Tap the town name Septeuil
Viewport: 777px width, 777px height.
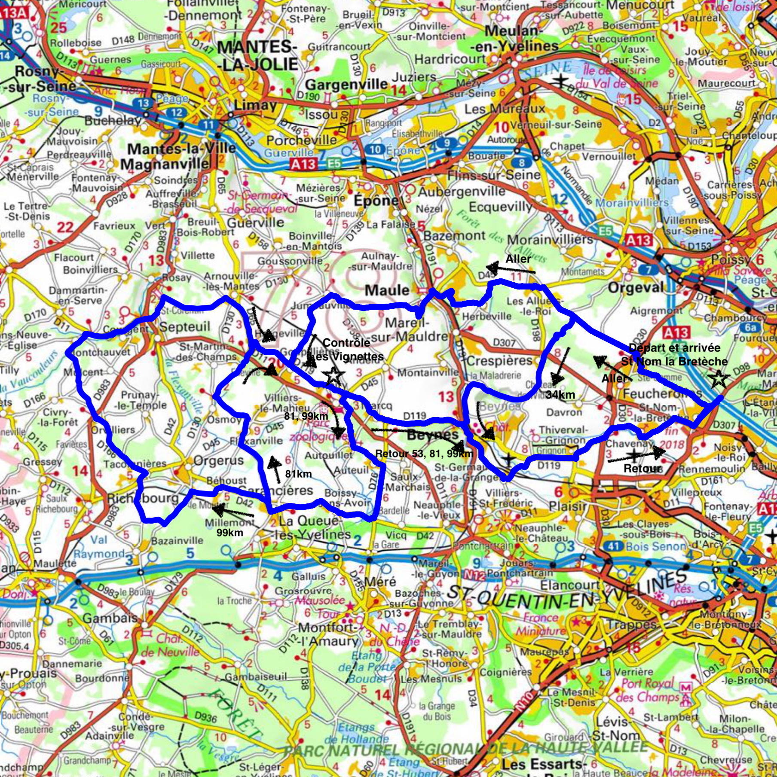(185, 327)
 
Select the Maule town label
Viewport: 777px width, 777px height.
(387, 290)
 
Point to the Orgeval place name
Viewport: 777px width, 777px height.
(636, 287)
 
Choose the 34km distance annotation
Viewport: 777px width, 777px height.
(560, 395)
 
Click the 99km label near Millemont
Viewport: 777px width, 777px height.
(230, 533)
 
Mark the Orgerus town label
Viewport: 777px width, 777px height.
(218, 461)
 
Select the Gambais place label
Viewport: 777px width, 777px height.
(110, 619)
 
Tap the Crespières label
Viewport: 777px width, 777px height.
(499, 361)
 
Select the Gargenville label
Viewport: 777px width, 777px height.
(347, 84)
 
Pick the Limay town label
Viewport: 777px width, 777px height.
(255, 105)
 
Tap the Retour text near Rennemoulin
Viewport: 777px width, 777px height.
(642, 468)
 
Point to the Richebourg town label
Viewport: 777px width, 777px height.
(142, 498)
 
